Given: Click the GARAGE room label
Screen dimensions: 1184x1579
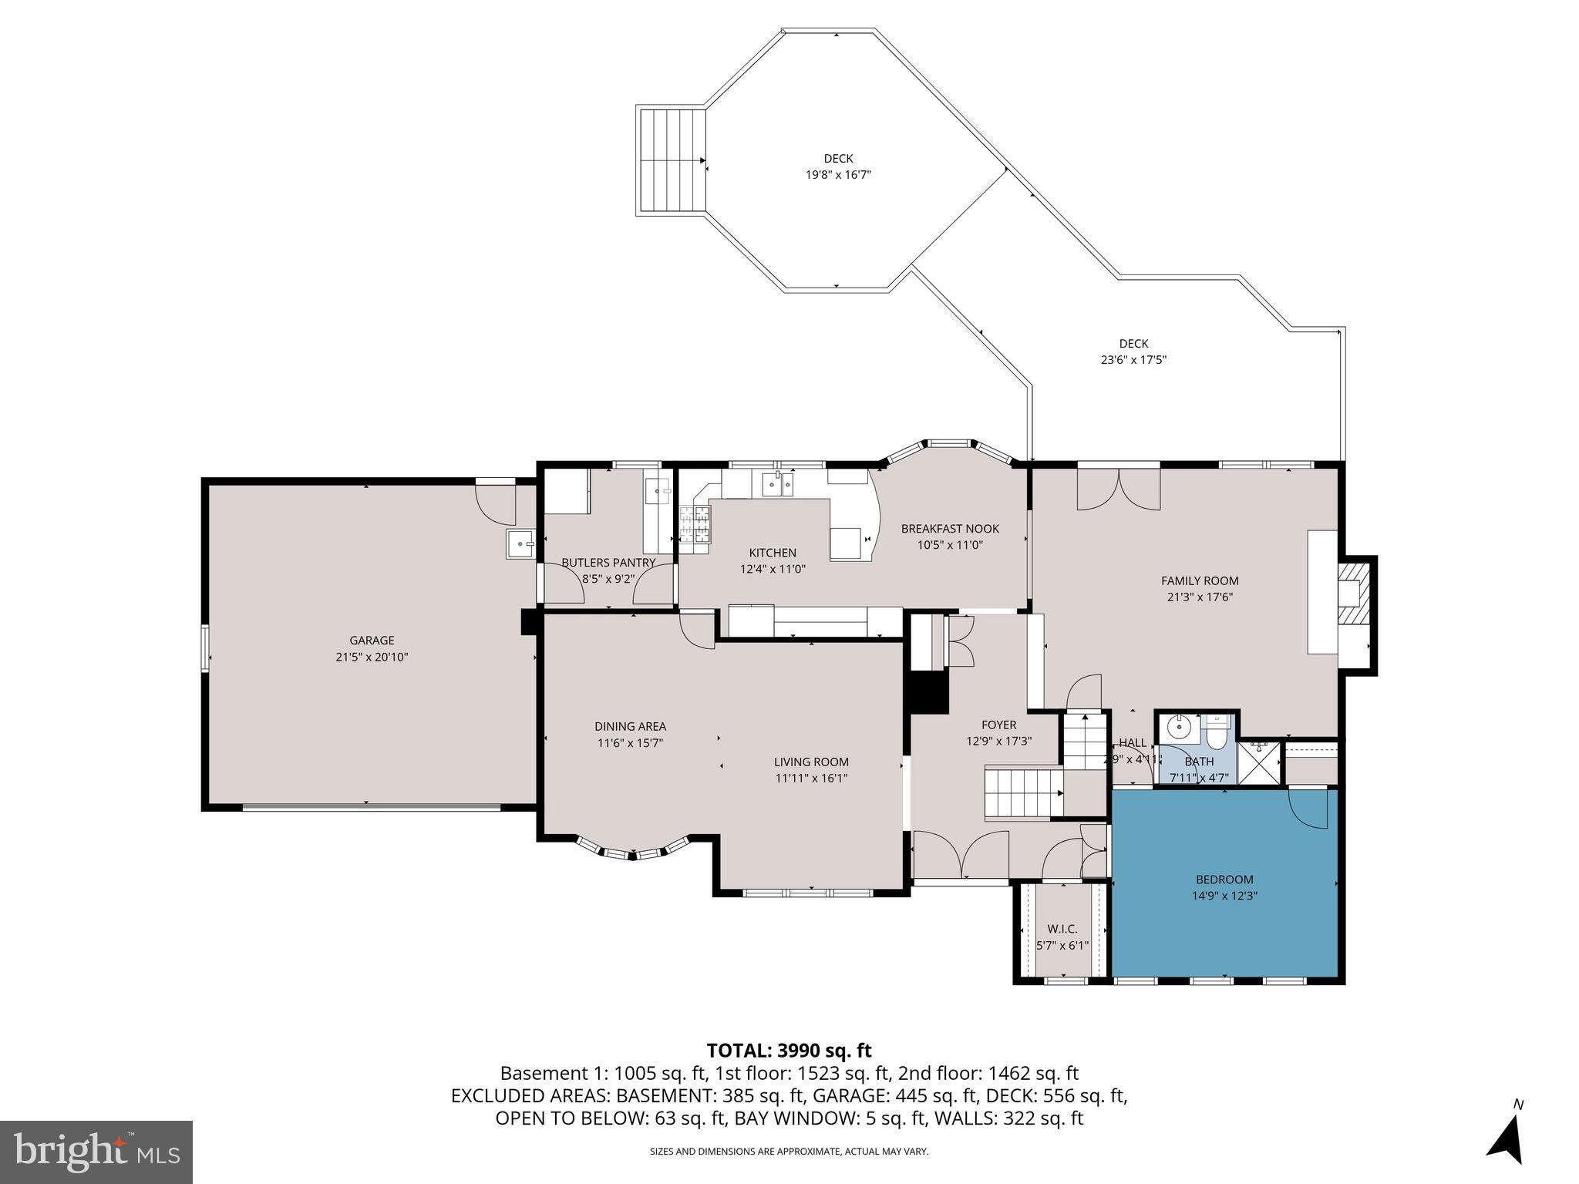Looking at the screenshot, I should tap(372, 640).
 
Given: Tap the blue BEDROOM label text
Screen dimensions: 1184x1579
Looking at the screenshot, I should tap(1224, 880).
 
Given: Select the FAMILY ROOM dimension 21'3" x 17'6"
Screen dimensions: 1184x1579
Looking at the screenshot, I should tap(1200, 597).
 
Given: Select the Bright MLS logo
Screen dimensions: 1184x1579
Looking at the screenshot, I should tap(96, 1152).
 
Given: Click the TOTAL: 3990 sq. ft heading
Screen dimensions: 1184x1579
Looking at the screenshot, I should tap(789, 1050).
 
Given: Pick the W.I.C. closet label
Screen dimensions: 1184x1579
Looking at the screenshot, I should tap(1062, 929).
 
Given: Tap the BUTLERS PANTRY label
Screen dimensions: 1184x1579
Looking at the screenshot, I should tap(608, 563).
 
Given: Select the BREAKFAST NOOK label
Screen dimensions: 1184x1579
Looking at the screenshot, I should tap(950, 529).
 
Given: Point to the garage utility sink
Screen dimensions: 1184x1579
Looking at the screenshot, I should tap(521, 543).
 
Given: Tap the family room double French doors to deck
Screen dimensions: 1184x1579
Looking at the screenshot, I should tap(1118, 489).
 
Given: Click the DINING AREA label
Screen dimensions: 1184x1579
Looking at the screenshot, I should tap(630, 726).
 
